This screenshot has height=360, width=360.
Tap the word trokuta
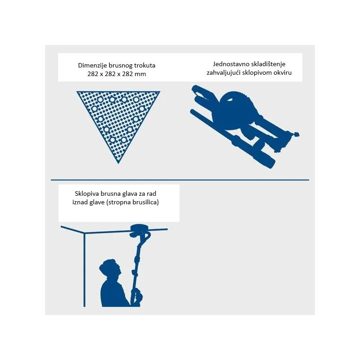click(144, 65)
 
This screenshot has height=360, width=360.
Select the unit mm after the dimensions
click(141, 74)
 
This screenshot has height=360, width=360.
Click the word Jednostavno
click(230, 64)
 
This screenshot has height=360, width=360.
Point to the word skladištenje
click(267, 64)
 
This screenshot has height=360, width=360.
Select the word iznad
click(80, 202)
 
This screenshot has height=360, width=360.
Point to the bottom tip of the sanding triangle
click(118, 163)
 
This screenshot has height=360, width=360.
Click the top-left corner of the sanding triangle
click(77, 92)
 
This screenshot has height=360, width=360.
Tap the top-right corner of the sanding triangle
click(160, 92)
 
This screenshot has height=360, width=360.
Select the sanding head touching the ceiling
click(139, 230)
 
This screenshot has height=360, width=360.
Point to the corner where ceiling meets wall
click(85, 234)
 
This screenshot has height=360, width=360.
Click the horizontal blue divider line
click(180, 180)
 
